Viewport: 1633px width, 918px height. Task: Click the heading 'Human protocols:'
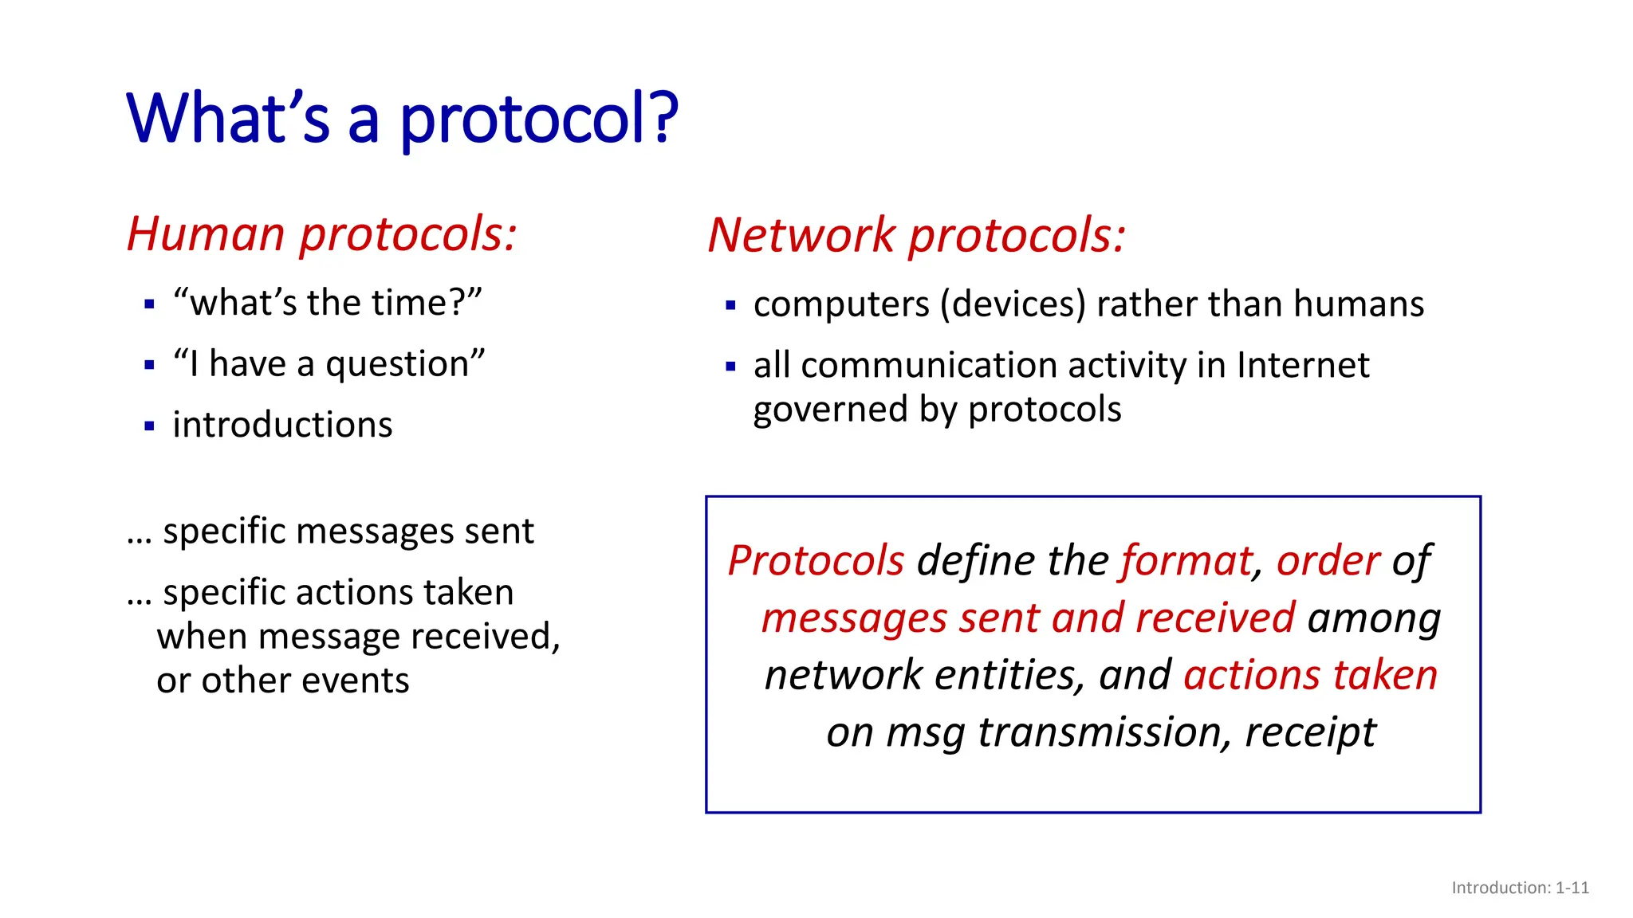[x=322, y=234]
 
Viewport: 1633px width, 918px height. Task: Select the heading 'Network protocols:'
[x=916, y=236]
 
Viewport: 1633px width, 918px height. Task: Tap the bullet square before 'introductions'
[x=149, y=426]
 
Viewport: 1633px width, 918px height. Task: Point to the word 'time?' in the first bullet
[x=426, y=304]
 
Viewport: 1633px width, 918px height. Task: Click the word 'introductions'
[x=282, y=425]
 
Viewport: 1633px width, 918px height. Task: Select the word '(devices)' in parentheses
[x=1013, y=304]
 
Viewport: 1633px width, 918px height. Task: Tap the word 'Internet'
[x=1303, y=366]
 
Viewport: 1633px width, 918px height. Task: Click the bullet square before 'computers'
[x=730, y=305]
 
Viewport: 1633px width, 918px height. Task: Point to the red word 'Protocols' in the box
[x=816, y=561]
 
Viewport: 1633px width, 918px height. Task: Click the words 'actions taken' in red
[x=1311, y=675]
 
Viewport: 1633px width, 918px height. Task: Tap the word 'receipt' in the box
[x=1310, y=732]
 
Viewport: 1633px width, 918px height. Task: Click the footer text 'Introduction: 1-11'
[x=1520, y=888]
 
